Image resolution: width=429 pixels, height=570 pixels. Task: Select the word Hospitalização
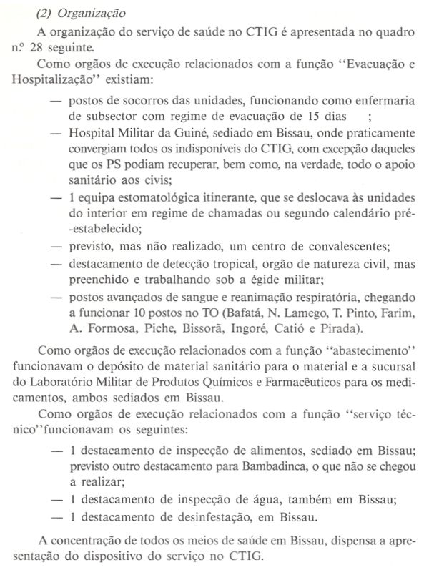[x=49, y=84]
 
